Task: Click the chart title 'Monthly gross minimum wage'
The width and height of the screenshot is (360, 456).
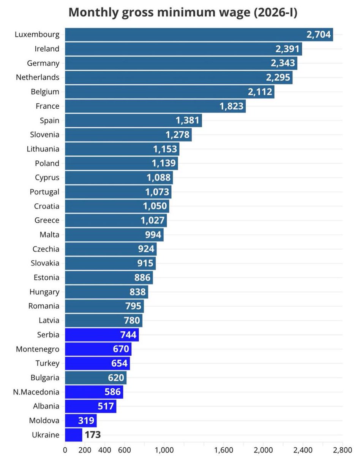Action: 183,13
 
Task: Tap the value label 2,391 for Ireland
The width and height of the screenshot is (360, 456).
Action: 287,49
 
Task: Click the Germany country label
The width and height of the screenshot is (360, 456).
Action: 43,63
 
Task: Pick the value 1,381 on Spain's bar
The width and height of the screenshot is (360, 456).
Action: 187,120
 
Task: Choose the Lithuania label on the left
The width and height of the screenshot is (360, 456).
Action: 43,149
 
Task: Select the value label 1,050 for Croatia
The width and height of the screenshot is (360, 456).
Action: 155,206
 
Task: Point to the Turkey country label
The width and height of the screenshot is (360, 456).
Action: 47,363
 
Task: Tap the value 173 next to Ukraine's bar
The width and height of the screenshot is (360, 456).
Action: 93,435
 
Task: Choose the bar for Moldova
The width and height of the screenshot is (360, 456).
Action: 81,421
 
